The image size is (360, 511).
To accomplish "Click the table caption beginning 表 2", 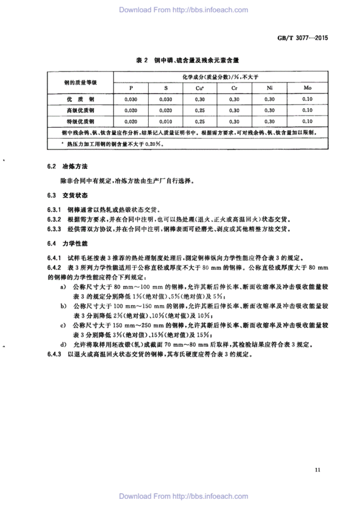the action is [179, 59].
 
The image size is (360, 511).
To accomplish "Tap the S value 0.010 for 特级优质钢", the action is [165, 121].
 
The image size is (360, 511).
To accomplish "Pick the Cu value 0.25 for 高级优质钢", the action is [199, 110].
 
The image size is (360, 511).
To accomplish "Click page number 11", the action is [316, 469].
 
